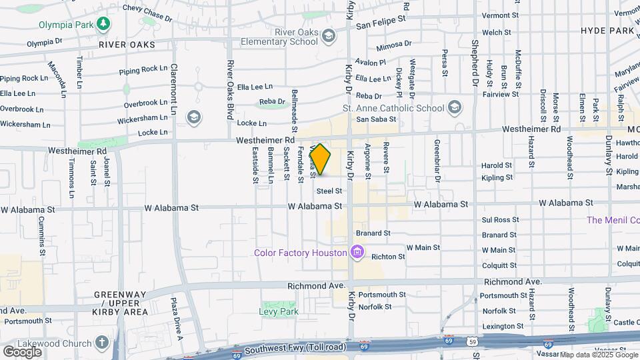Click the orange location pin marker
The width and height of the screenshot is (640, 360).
321,160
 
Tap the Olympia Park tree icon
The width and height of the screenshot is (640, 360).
103,25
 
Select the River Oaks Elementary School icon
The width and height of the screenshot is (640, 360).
328,35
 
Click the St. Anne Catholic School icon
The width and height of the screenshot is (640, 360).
455,107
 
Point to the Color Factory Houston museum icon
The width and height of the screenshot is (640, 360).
357,252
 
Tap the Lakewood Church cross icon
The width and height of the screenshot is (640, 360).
101,343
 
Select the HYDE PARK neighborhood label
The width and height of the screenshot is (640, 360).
607,31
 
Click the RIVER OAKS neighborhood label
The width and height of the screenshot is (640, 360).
126,45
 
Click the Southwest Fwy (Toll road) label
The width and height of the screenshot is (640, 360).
286,349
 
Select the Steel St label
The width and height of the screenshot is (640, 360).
329,191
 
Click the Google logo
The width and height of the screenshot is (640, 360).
23,351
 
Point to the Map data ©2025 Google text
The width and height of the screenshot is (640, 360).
598,355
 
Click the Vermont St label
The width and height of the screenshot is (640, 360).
500,15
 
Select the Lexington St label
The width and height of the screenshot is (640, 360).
503,326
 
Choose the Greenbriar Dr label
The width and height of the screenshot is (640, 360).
438,161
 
